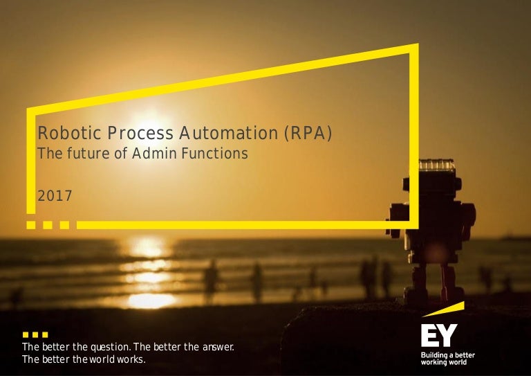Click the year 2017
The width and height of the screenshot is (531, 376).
coord(54,197)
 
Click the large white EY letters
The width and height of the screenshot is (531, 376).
coord(438,336)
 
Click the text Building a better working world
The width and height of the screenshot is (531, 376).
coord(448,358)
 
